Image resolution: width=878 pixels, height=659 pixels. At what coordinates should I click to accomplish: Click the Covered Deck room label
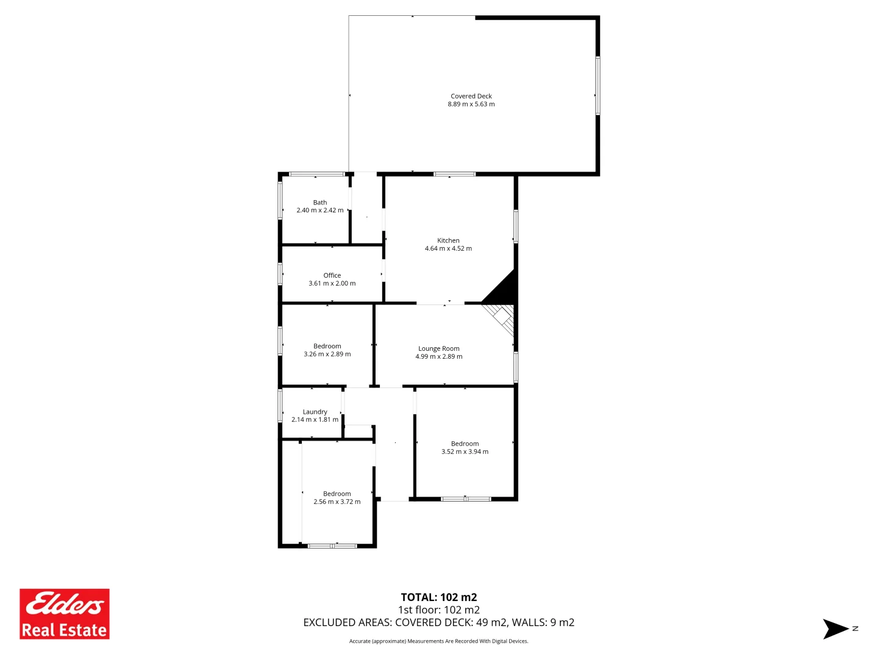click(x=471, y=96)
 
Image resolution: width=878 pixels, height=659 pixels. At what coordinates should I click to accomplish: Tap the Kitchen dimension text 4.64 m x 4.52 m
click(x=448, y=249)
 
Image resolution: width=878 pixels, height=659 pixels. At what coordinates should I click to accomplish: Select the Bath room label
click(x=320, y=203)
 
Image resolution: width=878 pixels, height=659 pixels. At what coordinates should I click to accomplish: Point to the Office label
click(x=332, y=276)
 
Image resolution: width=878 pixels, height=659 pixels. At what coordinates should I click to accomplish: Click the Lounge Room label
click(x=439, y=349)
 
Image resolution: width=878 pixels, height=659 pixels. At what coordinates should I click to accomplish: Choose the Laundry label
click(x=315, y=412)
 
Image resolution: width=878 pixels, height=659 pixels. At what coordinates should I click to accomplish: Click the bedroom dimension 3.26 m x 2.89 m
click(x=327, y=355)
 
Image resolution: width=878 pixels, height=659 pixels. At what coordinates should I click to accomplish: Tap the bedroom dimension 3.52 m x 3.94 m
click(x=465, y=452)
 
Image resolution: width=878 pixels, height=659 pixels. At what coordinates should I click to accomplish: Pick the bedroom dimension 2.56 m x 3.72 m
click(x=337, y=502)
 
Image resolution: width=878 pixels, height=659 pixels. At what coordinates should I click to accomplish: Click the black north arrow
click(x=835, y=629)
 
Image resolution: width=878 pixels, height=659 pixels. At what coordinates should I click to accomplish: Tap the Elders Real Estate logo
click(x=65, y=614)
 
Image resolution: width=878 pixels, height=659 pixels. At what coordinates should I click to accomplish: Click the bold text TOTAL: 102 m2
click(x=439, y=597)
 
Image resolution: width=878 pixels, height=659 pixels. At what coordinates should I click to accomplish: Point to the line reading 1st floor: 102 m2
click(x=439, y=610)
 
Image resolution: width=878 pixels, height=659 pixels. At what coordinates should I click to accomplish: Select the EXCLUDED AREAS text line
click(x=439, y=623)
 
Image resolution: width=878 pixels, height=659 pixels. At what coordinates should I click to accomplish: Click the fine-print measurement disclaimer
click(x=439, y=641)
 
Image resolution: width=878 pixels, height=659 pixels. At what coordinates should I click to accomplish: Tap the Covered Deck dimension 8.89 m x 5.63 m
click(x=471, y=104)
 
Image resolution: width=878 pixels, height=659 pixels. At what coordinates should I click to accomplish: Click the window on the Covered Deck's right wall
click(x=598, y=85)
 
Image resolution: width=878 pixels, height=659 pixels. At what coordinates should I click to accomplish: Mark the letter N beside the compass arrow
click(x=855, y=628)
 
